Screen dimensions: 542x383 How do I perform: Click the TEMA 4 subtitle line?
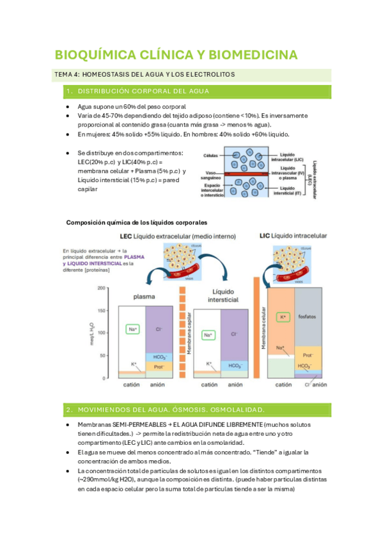145,75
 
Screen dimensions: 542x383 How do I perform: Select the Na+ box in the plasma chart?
132,330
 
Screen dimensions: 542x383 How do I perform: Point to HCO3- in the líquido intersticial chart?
233,365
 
